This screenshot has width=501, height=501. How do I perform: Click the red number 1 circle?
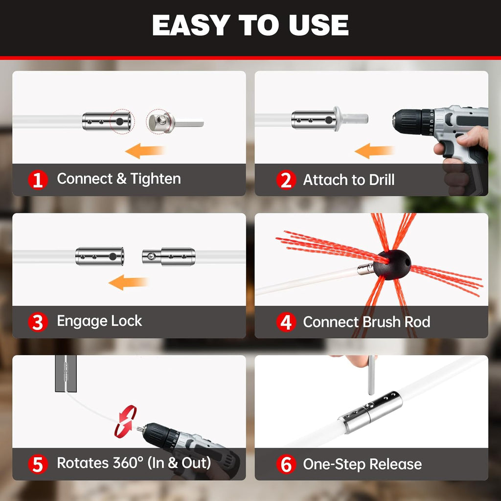(38, 180)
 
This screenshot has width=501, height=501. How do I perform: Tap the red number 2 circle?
(286, 180)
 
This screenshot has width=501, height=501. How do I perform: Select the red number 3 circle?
(38, 322)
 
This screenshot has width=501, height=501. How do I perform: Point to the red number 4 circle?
(286, 322)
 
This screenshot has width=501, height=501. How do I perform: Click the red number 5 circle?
(38, 464)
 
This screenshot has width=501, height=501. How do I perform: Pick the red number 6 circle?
(286, 464)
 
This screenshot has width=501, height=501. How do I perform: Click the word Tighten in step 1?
(156, 179)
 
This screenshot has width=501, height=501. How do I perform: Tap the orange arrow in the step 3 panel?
(128, 282)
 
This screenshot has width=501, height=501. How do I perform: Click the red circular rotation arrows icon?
(126, 420)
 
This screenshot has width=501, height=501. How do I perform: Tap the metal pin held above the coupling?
(371, 374)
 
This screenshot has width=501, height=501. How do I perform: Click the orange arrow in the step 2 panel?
(374, 152)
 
